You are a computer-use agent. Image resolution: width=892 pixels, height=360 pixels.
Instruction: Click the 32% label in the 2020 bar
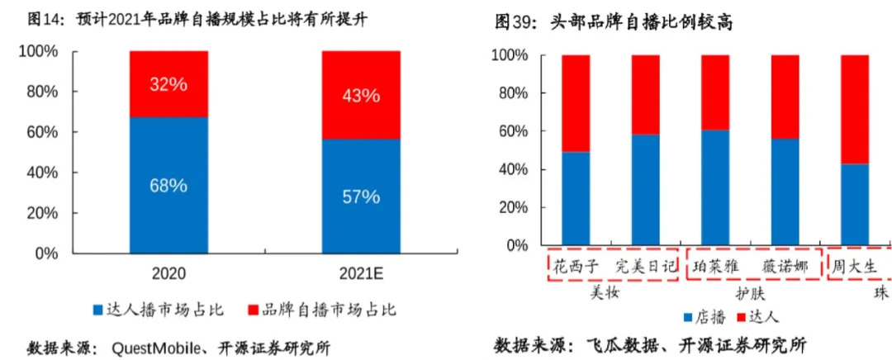tap(168, 84)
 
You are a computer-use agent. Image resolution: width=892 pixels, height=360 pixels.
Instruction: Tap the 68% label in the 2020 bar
tap(168, 185)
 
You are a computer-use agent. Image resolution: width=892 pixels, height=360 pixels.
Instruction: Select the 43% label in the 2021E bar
tap(361, 95)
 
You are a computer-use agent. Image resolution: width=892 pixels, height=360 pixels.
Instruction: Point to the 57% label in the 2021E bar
tap(361, 197)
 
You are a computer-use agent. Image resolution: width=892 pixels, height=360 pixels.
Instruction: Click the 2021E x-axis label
tap(361, 273)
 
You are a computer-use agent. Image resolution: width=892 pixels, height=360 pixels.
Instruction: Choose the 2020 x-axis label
tap(168, 273)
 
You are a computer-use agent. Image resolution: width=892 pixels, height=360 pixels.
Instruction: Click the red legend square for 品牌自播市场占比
tap(252, 310)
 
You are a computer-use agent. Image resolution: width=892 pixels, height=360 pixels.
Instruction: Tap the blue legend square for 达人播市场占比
tap(98, 310)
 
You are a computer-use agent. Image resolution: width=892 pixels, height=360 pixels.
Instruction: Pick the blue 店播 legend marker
tap(688, 317)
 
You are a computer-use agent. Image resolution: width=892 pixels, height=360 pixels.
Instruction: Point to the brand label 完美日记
tap(646, 266)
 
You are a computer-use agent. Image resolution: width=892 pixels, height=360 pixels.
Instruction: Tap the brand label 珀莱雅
tap(716, 266)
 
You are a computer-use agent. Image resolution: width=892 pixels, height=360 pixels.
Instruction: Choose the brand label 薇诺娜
tap(785, 266)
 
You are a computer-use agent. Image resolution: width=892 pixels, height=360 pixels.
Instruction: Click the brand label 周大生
tap(854, 266)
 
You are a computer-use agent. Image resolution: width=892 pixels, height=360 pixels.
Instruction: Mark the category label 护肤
tap(751, 292)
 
